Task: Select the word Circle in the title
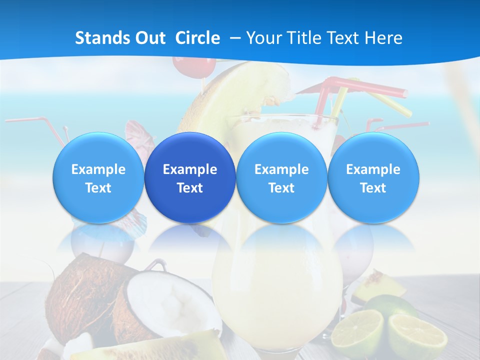click(x=197, y=38)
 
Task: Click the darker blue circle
click(x=190, y=177)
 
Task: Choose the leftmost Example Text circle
click(x=98, y=177)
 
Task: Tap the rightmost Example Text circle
click(x=373, y=177)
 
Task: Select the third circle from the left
click(x=281, y=177)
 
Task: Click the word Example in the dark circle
click(x=190, y=169)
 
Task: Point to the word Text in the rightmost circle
click(x=373, y=188)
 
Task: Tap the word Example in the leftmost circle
click(x=98, y=169)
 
